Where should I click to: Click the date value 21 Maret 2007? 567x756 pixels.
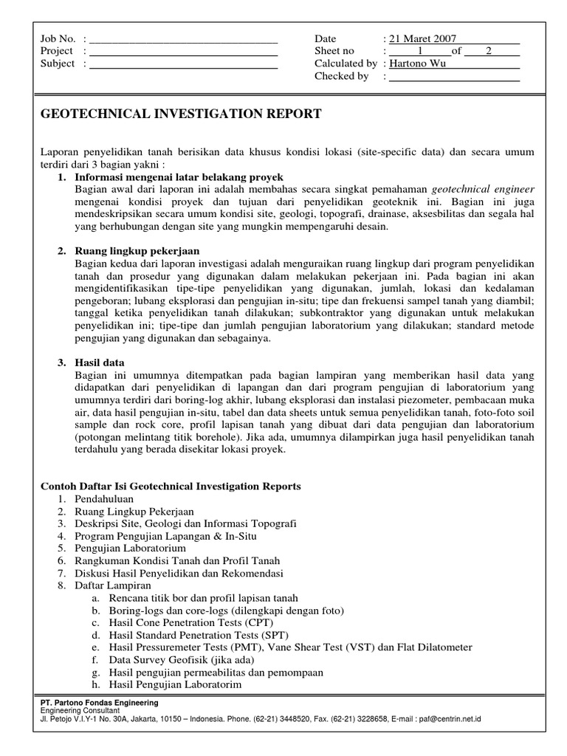click(422, 38)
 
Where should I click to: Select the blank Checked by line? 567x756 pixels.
click(454, 76)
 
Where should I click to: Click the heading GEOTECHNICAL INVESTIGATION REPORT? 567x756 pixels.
click(181, 114)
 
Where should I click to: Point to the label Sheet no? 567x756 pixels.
click(334, 51)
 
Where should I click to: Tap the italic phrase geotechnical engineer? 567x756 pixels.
click(483, 190)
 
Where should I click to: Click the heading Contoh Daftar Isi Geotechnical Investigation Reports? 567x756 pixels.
click(171, 487)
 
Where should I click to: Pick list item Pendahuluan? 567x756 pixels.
click(104, 499)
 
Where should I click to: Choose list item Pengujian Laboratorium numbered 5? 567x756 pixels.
click(130, 549)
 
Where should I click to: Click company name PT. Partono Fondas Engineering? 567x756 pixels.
click(99, 703)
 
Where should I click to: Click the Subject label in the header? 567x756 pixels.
click(58, 63)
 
